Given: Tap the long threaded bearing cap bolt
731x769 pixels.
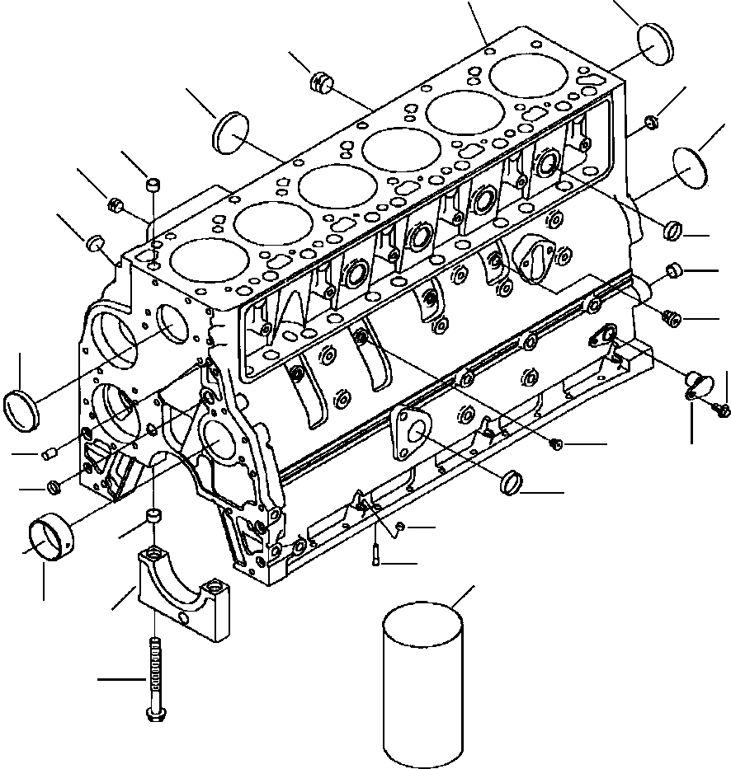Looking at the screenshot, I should pos(153,679).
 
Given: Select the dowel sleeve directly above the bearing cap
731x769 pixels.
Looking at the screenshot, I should pos(153,517).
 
